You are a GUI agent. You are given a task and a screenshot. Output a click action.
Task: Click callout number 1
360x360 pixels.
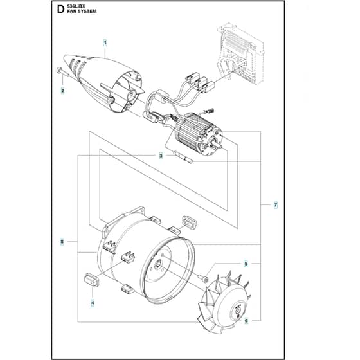tap(105, 43)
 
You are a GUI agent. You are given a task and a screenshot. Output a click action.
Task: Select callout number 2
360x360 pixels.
tap(63, 91)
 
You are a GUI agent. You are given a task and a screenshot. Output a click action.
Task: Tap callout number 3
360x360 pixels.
tap(161, 156)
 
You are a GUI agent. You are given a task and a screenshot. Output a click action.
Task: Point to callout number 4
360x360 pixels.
tap(93, 303)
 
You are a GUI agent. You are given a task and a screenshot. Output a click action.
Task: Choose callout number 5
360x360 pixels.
tap(246, 264)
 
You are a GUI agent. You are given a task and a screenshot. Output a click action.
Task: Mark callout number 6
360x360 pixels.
tap(246, 321)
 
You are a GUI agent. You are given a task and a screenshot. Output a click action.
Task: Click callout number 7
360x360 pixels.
tap(276, 205)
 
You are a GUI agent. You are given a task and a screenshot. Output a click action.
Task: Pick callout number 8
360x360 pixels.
tap(62, 242)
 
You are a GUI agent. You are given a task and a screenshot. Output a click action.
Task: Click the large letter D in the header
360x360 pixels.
tap(60, 10)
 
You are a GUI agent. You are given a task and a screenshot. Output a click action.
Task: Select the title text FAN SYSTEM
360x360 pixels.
tap(82, 12)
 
